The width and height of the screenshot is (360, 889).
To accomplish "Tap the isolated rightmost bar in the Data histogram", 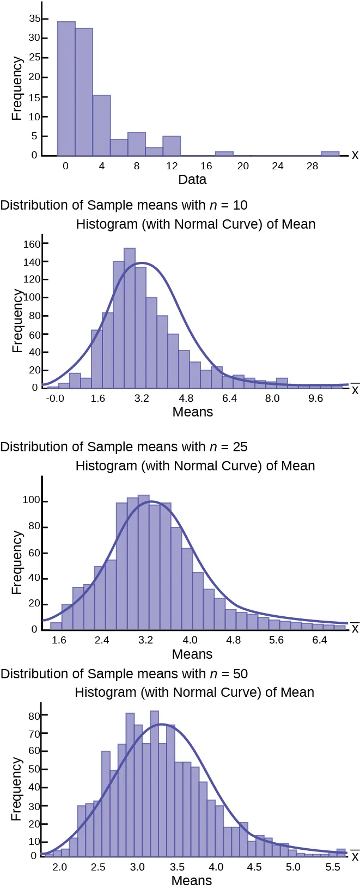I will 330,154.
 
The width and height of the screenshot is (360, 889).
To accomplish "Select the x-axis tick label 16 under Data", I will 206,166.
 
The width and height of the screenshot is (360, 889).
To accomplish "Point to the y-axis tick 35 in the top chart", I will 34,19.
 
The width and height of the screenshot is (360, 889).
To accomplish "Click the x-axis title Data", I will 192,180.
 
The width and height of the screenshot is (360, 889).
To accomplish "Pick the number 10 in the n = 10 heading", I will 240,205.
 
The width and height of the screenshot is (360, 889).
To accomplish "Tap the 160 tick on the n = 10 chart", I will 32,244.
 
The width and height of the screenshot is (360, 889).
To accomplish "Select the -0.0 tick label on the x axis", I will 54,398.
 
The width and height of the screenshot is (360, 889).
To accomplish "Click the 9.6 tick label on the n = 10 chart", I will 315,398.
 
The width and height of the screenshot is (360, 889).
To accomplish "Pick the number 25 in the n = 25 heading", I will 240,447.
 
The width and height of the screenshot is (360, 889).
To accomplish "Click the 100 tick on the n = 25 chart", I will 31,500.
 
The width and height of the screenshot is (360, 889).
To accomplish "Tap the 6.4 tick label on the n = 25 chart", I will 320,640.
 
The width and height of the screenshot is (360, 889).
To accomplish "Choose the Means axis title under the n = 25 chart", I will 192,654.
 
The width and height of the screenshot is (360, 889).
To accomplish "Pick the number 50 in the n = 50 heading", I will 240,674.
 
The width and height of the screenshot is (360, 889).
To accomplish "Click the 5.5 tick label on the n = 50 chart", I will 332,867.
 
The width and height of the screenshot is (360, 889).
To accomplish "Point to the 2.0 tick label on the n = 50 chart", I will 60,867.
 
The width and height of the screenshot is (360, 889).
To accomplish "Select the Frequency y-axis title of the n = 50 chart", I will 17,789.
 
